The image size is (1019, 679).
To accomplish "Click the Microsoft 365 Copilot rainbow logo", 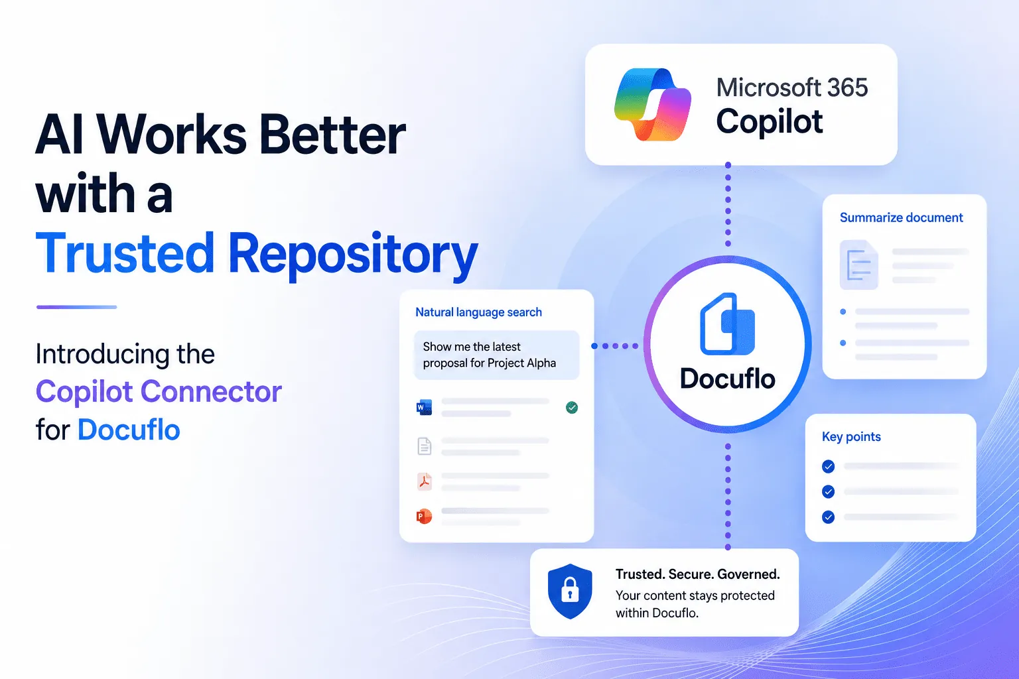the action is point(652,105).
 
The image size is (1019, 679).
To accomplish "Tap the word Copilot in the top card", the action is point(770,121).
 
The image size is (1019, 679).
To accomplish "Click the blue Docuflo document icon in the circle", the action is point(727,324).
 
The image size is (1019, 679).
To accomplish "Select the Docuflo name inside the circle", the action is point(727,379).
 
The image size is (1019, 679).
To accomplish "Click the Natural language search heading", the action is point(478,312).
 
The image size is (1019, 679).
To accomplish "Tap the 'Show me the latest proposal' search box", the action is point(496,355).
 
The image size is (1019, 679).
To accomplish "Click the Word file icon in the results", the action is point(424,408).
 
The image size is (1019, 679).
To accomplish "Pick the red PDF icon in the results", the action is point(425,481).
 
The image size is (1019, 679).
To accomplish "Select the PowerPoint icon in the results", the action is point(424,516).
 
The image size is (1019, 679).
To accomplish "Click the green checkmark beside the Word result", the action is point(572,408).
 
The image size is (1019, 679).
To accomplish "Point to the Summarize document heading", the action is point(901,218).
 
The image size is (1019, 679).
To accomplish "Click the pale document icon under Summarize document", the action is point(859,265).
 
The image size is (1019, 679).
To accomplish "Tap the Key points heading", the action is point(851,436).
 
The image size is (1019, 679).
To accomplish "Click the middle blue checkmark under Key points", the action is point(829,491).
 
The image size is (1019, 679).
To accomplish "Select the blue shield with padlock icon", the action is point(570,591).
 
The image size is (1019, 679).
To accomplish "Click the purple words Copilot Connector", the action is point(159,391).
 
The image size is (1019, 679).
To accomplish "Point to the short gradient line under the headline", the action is point(76,307).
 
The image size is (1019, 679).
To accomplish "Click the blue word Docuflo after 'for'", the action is point(129,430).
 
